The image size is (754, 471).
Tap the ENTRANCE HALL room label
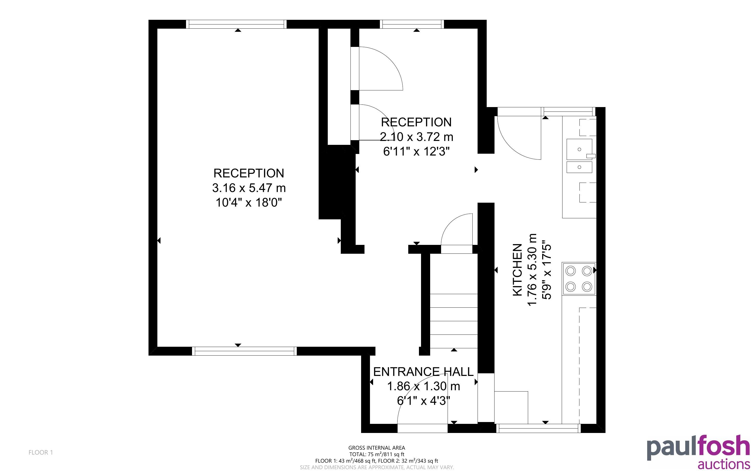[423, 372]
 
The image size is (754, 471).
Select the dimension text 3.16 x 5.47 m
[249, 188]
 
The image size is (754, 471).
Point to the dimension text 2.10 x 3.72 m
[416, 137]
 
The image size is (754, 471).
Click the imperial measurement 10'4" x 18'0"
[249, 203]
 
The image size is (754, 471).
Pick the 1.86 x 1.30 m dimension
[423, 386]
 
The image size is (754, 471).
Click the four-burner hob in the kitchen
[579, 278]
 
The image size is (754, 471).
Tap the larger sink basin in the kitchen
[579, 149]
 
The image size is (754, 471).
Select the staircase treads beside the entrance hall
[454, 321]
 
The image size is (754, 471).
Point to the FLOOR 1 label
[41, 452]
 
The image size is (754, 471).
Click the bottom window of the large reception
[244, 351]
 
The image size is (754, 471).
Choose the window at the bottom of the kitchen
[539, 428]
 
